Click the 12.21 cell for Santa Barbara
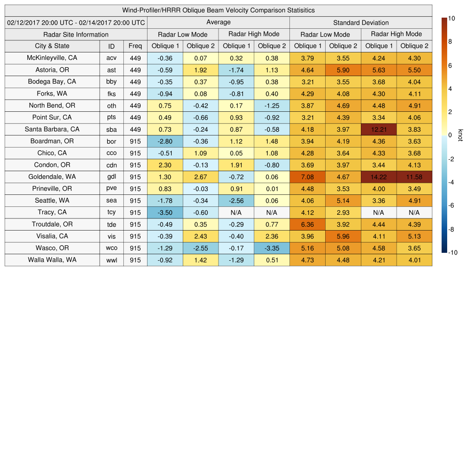379,129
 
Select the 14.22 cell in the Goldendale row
379,177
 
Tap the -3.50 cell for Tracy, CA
165,212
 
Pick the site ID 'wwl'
111,260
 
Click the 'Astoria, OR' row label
52,70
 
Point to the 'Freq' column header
135,46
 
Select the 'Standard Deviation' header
361,23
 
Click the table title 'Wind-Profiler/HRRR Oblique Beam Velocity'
218,10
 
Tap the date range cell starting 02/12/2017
76,23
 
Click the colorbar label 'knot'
460,135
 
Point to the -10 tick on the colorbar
453,253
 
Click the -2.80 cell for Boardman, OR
165,141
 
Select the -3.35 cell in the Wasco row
271,248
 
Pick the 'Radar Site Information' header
76,34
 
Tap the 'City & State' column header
52,46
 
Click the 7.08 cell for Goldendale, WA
307,177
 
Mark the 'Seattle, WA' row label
52,200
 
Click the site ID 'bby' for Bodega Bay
111,82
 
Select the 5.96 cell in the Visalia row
343,236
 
